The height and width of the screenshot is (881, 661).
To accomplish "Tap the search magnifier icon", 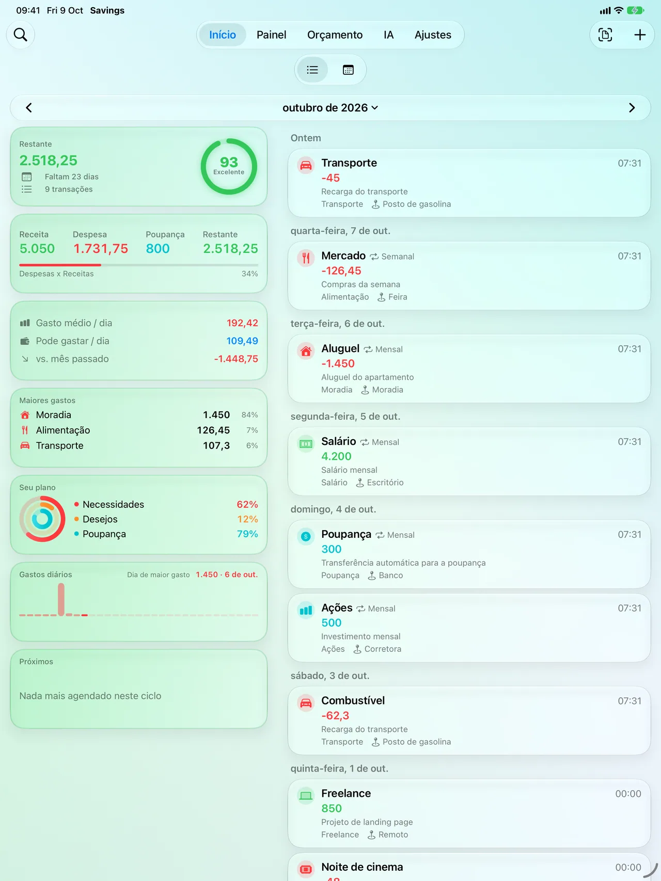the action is [x=21, y=35].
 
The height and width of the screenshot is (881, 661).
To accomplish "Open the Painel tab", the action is [x=271, y=35].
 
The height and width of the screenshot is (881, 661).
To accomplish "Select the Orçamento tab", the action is [x=335, y=35].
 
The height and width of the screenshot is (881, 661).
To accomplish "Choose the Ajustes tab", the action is [x=433, y=35].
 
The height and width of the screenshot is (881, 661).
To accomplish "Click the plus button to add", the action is [x=640, y=35].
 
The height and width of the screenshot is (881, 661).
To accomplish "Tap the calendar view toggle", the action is [x=348, y=70].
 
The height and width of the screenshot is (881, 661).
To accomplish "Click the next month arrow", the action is [x=632, y=108].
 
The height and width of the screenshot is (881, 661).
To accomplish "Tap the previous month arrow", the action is [x=29, y=108].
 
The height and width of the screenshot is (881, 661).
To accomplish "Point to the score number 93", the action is [x=229, y=162].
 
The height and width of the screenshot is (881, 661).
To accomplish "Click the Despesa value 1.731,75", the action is [x=101, y=249].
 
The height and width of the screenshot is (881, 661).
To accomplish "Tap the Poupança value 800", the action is [x=158, y=249].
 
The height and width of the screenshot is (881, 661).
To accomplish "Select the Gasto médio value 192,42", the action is [x=242, y=323].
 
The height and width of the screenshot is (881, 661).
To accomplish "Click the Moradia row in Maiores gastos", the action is [x=138, y=415].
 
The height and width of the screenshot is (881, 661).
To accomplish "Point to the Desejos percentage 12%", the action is [x=247, y=519].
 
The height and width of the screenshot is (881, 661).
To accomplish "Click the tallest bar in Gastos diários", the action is [x=61, y=599].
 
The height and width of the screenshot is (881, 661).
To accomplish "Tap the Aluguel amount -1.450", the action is [x=338, y=363].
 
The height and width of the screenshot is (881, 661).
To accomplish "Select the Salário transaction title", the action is [x=339, y=441].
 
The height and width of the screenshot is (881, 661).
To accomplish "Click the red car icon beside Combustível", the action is [x=306, y=703].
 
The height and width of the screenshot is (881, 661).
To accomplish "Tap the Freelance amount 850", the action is [x=332, y=808].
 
